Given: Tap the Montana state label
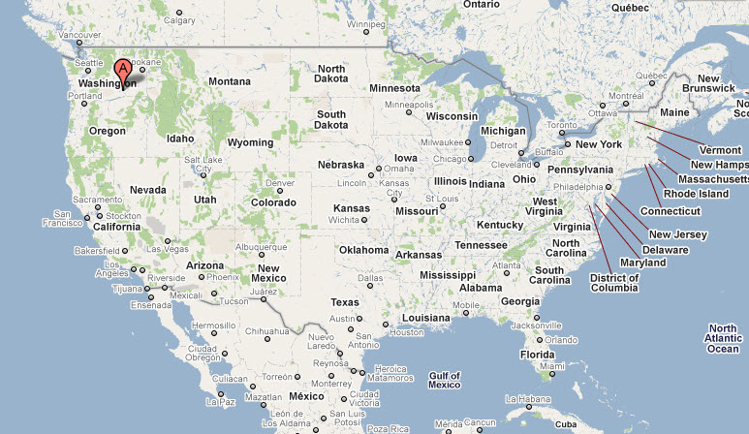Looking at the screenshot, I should (230, 81).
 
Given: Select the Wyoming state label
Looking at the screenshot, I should (250, 142).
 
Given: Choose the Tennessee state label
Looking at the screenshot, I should (481, 245).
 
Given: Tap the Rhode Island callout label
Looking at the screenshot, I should (696, 194).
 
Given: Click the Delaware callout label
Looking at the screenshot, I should (666, 249).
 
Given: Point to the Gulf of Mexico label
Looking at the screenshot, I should (445, 380).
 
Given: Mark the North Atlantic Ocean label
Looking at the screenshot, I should (724, 338).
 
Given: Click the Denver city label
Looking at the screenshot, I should (279, 183).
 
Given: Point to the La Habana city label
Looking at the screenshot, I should (528, 399).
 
